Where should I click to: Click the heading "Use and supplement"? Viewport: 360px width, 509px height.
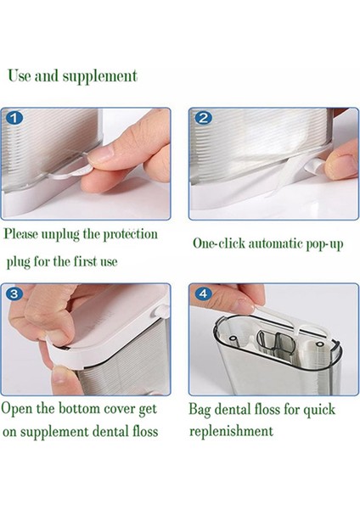coord(72,76)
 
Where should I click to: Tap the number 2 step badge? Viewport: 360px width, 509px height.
coord(204,118)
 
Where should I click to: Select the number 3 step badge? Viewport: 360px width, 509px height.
coord(16,294)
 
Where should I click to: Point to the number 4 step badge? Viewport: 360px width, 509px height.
coord(204,294)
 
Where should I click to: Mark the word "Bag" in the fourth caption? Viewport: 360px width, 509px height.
coord(202,409)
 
